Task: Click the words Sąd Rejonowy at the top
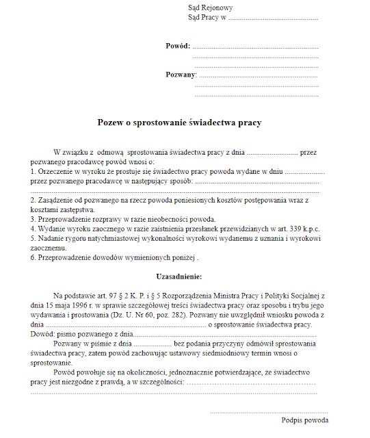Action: [x=211, y=8]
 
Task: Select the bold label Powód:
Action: [x=177, y=46]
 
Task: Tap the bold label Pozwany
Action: [x=181, y=74]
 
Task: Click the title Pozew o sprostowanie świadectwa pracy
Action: [x=180, y=123]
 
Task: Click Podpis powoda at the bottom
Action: [x=305, y=420]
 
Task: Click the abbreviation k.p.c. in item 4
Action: [x=309, y=228]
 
